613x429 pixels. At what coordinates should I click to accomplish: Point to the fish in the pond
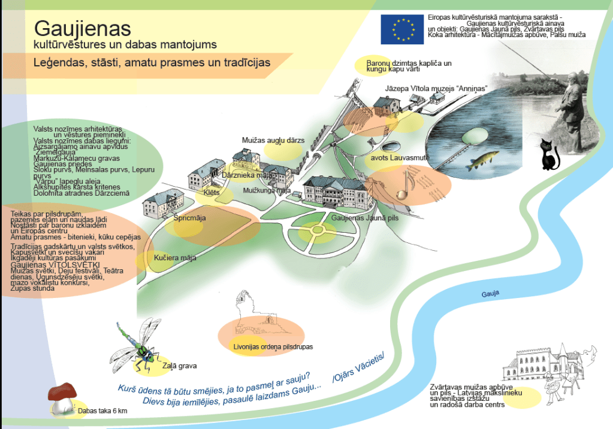point(484,160)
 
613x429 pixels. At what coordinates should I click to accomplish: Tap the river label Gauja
point(490,294)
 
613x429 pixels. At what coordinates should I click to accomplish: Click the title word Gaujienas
point(83,28)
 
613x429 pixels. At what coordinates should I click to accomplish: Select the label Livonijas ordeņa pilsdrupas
point(273,346)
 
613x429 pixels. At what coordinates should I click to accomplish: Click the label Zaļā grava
point(179,366)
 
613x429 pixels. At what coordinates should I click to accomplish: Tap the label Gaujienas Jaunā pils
point(364,218)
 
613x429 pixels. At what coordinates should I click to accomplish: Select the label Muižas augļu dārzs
point(273,140)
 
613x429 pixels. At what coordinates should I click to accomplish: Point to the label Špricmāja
point(189,218)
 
